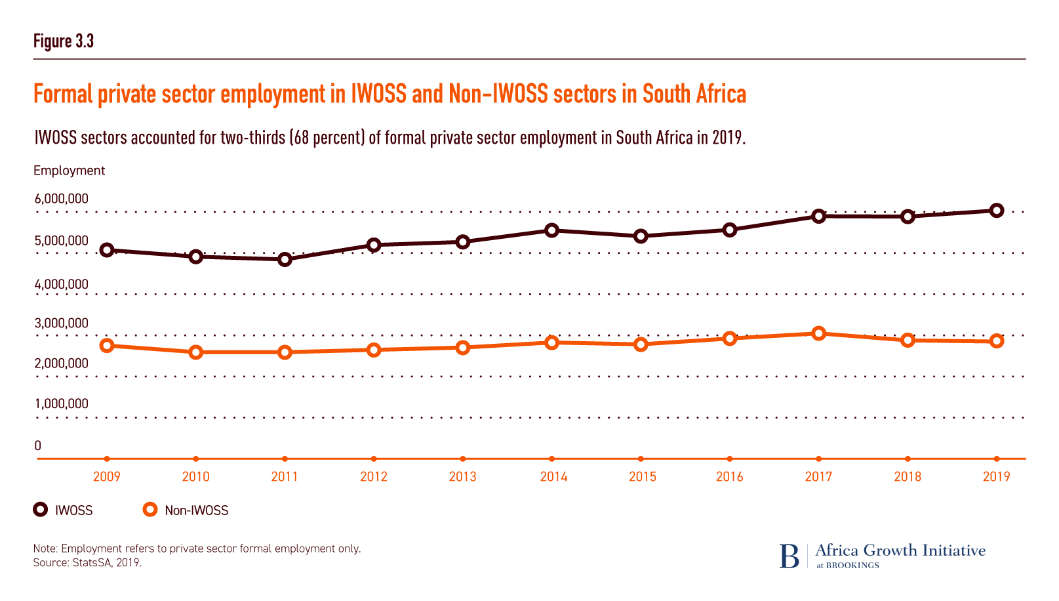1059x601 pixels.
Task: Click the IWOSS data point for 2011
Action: [285, 260]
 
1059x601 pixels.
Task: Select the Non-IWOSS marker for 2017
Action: [818, 333]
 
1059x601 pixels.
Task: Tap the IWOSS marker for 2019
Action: [997, 211]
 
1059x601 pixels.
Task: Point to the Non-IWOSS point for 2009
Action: [107, 346]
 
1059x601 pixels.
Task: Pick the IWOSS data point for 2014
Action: [551, 230]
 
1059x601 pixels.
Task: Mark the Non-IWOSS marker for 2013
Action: [463, 348]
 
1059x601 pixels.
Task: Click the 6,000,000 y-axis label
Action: [62, 199]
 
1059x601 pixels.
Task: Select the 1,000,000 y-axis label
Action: [62, 404]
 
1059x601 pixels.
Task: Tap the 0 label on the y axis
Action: [38, 446]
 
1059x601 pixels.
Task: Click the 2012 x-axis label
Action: [374, 477]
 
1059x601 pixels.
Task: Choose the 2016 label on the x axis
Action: [730, 477]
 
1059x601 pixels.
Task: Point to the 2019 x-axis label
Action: [997, 477]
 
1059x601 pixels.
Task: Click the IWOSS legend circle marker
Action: [41, 510]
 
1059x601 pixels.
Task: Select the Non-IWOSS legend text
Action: [197, 510]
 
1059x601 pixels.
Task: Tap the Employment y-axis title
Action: [69, 171]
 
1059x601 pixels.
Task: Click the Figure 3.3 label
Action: [64, 41]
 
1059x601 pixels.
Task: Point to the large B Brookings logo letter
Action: [789, 556]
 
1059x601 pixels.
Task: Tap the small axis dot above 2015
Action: [641, 459]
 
